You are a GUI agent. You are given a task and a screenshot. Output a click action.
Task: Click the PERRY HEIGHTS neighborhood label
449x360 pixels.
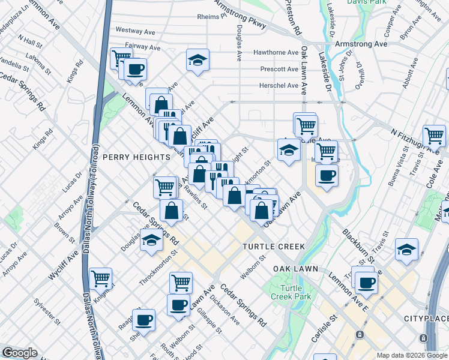coord(136,157)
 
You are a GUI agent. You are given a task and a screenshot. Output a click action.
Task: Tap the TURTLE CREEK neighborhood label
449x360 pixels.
coord(274,247)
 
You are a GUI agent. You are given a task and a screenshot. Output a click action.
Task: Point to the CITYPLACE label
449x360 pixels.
coord(426,317)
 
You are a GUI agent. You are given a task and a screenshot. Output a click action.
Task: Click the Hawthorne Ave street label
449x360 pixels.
coord(276,53)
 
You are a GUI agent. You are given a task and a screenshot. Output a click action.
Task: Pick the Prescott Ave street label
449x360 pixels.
coord(279,69)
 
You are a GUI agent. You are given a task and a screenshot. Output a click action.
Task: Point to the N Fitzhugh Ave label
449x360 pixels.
coord(415,140)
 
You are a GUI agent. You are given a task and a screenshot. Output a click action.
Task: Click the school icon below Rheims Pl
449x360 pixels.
coord(197,61)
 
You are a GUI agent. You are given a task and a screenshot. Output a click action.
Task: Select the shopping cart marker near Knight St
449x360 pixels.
coord(101,278)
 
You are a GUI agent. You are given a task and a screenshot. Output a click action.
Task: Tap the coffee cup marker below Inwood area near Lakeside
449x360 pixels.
coord(327,176)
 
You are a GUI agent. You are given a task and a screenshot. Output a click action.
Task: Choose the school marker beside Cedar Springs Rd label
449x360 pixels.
coord(152,241)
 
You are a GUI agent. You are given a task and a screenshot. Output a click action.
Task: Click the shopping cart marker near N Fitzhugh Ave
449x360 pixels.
coord(434,136)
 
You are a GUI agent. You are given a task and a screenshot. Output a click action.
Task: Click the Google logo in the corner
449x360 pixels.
coord(20,353)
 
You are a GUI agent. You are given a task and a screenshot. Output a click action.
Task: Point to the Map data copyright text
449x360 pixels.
coord(411,355)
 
